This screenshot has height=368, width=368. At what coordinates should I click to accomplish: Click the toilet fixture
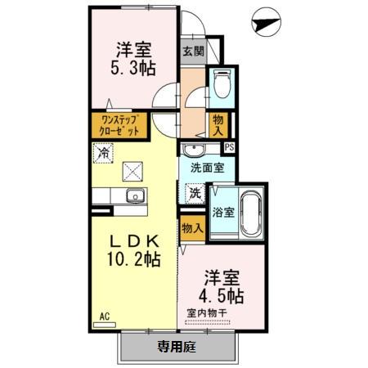pos(220,84)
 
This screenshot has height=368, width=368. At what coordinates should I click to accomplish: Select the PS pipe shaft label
pos(229,147)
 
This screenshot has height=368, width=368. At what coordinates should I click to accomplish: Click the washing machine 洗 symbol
pos(196,193)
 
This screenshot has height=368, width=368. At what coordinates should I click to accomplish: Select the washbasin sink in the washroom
pos(193,150)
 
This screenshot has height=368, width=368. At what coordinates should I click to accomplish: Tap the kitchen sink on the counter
pos(134,196)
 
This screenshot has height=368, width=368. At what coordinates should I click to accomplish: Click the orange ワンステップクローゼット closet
pos(115,126)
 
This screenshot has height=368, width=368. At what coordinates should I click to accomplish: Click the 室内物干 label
pos(210,312)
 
